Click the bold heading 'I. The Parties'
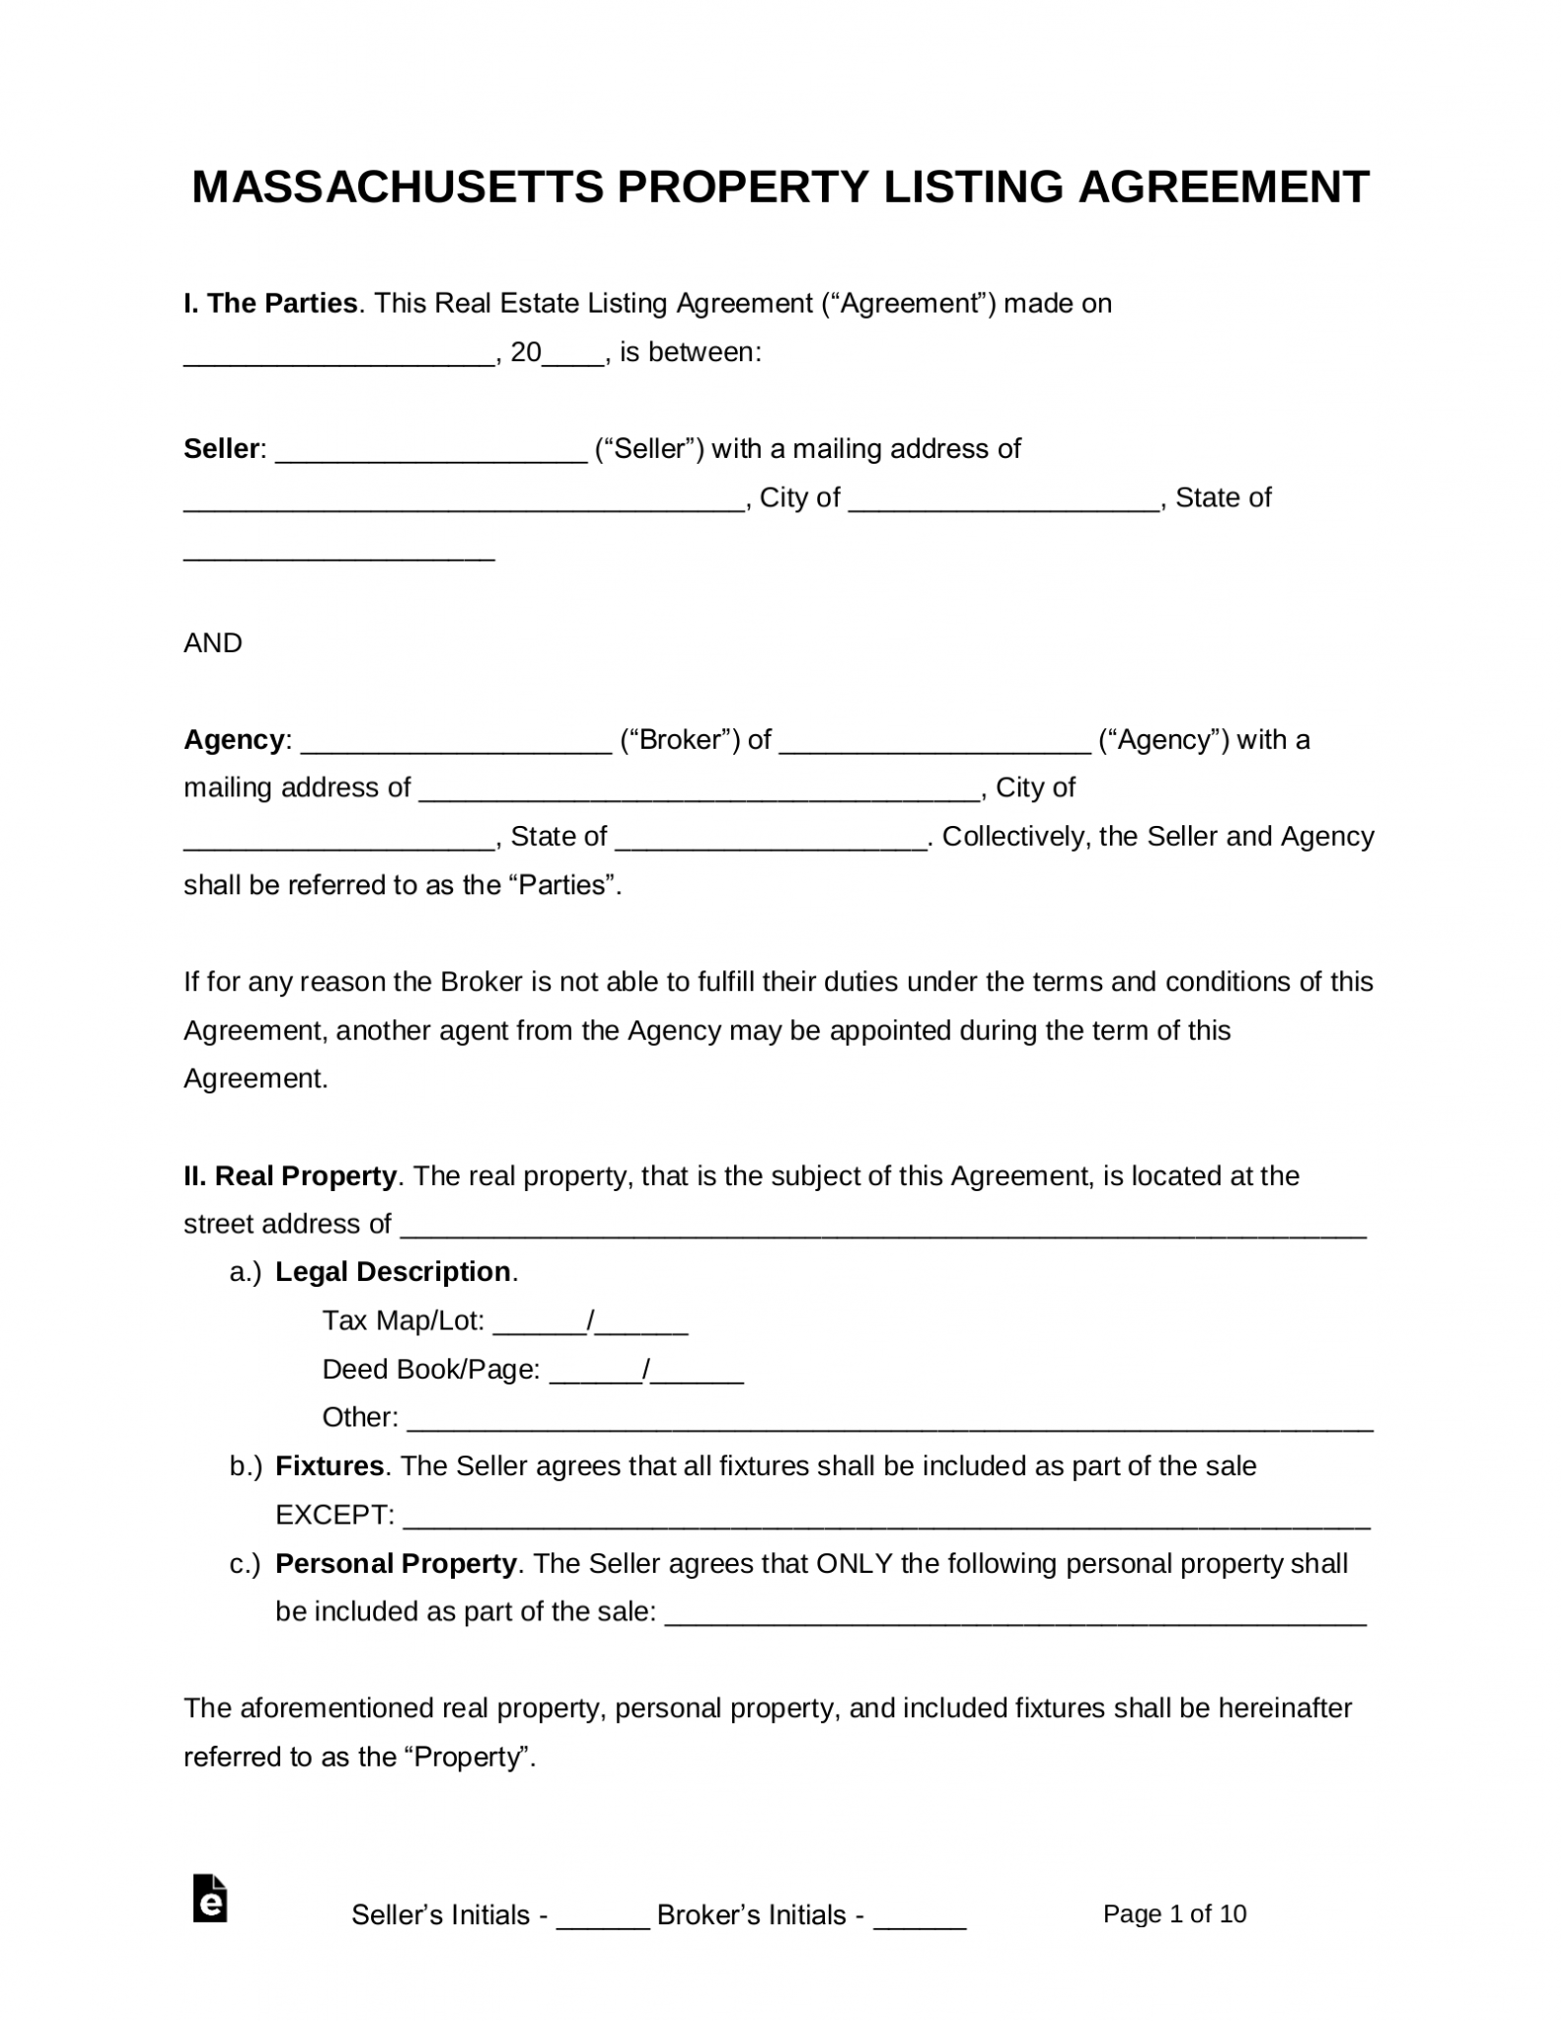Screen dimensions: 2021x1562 (x=270, y=303)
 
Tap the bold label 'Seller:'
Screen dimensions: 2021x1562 (x=224, y=449)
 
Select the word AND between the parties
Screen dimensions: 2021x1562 (x=213, y=643)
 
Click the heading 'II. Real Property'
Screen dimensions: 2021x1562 (x=290, y=1176)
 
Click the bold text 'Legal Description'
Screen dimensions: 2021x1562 (x=393, y=1272)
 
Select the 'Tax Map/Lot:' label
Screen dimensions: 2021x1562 (x=404, y=1320)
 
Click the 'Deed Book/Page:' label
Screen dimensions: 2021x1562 (x=431, y=1370)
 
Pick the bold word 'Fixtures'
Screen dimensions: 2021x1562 (x=330, y=1466)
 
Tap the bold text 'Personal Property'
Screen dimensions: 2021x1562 (x=396, y=1564)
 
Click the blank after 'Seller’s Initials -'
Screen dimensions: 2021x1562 (x=603, y=1920)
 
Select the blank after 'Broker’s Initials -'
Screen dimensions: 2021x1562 (x=920, y=1920)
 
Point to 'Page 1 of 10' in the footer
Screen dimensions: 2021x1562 (x=1174, y=1914)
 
